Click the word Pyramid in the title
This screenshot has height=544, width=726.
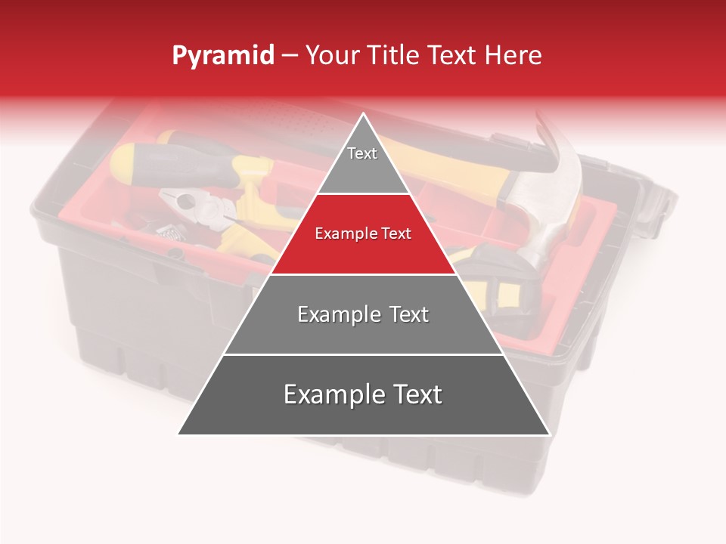[x=223, y=56]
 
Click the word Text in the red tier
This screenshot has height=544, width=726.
[x=396, y=233]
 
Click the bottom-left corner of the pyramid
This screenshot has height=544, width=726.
[x=178, y=434]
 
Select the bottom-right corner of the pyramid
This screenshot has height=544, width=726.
[x=549, y=434]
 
